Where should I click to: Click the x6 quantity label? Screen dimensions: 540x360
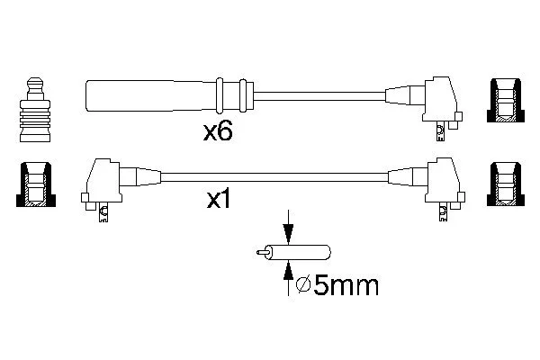pos(218,132)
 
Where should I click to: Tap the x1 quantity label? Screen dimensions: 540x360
pos(219,199)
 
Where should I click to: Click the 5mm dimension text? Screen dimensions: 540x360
pos(346,285)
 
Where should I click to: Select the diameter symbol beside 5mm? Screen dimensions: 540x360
pos(303,285)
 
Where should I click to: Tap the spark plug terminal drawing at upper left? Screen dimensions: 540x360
pos(35,110)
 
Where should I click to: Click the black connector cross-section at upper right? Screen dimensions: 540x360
pos(506,100)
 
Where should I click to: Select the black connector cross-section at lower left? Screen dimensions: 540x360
pos(36,184)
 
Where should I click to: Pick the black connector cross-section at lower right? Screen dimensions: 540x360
pos(506,184)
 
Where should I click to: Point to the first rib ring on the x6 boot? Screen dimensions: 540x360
pos(220,95)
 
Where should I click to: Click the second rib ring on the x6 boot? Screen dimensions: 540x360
pos(243,95)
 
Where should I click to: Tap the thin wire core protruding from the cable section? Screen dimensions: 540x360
pos(262,253)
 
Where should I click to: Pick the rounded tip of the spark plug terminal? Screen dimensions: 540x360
pos(35,82)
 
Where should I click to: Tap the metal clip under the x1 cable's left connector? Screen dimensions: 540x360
pos(103,213)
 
